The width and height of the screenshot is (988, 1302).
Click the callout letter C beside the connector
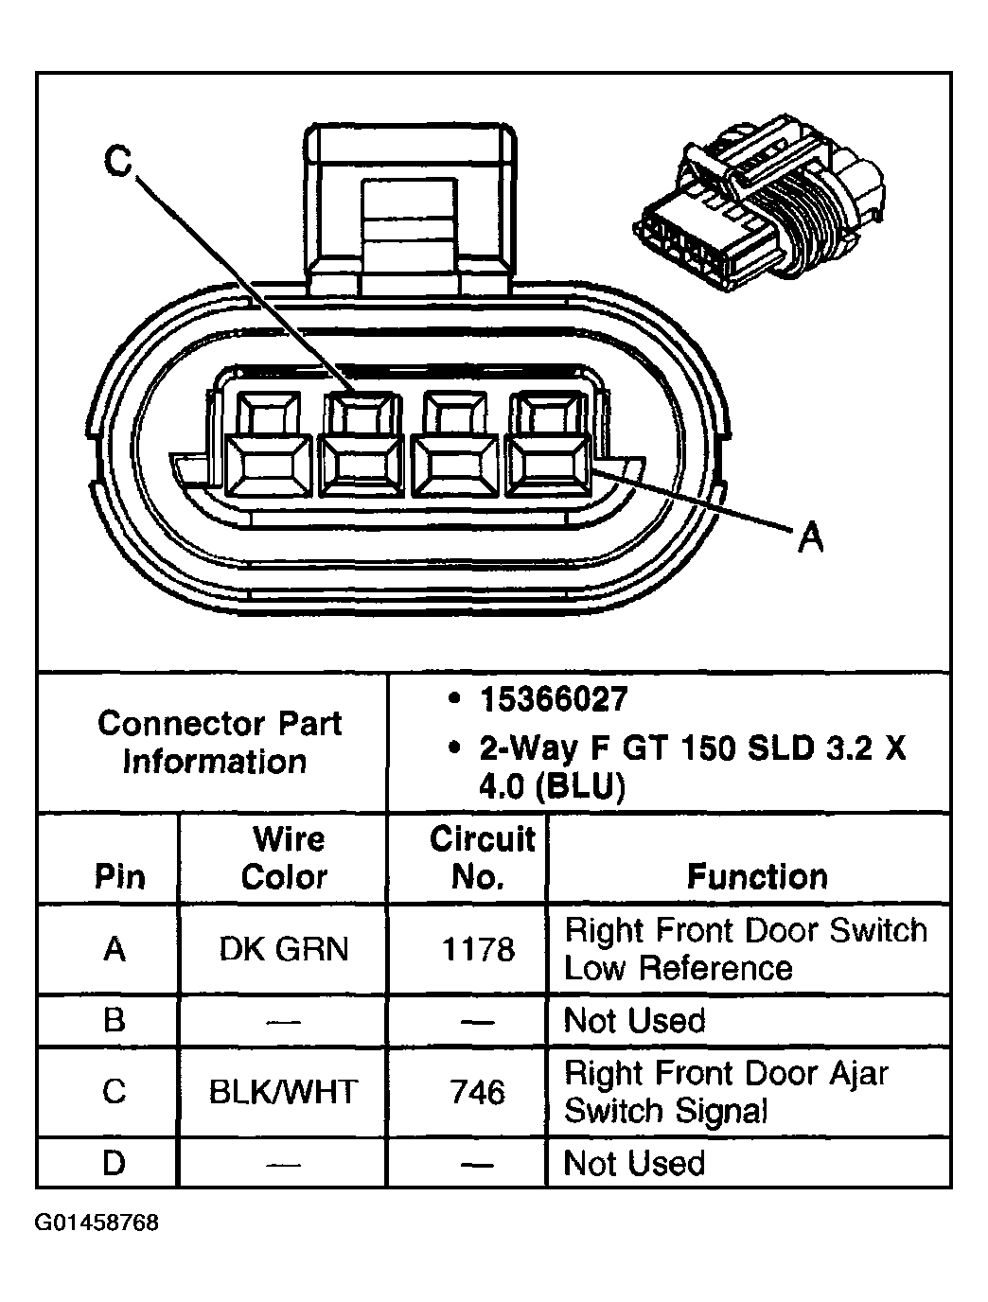(x=117, y=162)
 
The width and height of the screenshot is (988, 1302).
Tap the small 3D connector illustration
(x=757, y=203)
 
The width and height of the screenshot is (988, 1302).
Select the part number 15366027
(x=553, y=699)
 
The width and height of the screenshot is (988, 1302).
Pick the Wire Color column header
(x=284, y=857)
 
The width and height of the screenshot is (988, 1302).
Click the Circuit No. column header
(x=481, y=857)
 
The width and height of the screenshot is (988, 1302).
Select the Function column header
(x=756, y=876)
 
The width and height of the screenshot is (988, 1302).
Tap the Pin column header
(x=119, y=876)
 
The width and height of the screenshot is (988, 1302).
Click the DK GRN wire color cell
(x=284, y=948)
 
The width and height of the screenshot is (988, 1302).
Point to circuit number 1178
(x=479, y=948)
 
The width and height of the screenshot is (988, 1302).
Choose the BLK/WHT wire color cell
(x=284, y=1092)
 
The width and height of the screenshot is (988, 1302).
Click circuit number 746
(x=479, y=1092)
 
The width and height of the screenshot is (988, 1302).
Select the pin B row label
(x=115, y=1020)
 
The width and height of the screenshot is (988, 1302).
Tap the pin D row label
(x=115, y=1163)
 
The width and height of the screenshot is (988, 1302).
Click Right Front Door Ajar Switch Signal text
(x=726, y=1092)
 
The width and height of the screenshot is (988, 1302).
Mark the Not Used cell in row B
(x=634, y=1020)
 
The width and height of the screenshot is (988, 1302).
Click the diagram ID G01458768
(x=97, y=1223)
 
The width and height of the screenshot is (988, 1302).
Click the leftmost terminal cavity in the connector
(x=269, y=445)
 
